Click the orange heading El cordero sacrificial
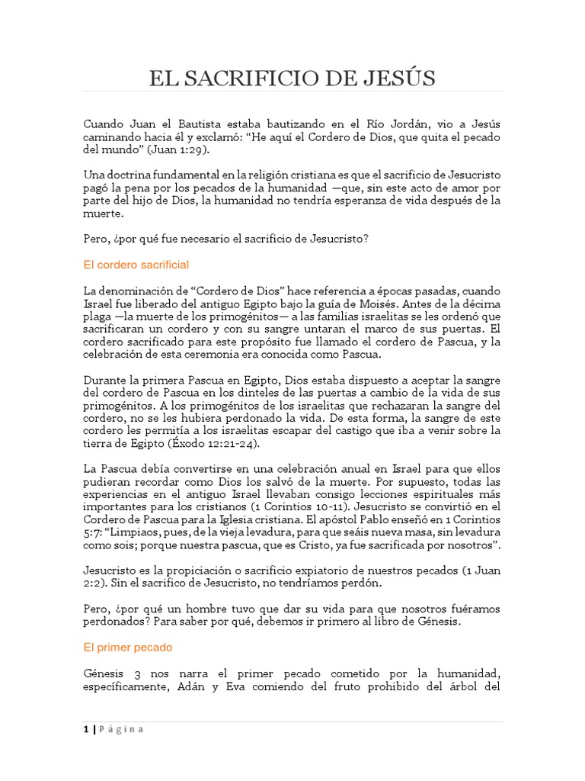click(136, 265)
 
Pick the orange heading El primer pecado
click(128, 646)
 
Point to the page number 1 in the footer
click(86, 728)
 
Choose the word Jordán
click(401, 124)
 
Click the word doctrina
click(132, 175)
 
